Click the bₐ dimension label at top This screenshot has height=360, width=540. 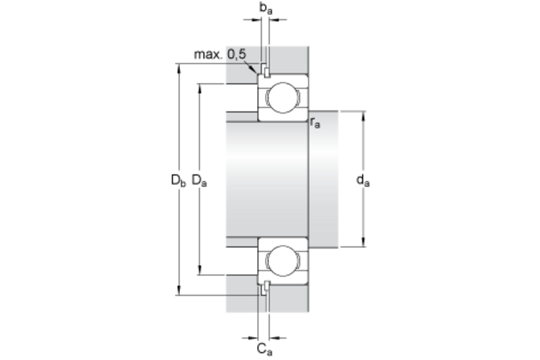click(x=266, y=8)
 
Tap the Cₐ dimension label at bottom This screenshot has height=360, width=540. click(x=264, y=349)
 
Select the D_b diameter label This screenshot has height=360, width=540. click(x=178, y=180)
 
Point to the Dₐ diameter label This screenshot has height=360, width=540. click(x=199, y=180)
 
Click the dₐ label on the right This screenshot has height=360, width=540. click(x=363, y=180)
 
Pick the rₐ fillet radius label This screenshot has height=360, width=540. click(x=315, y=123)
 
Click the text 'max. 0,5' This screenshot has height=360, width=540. click(x=221, y=54)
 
